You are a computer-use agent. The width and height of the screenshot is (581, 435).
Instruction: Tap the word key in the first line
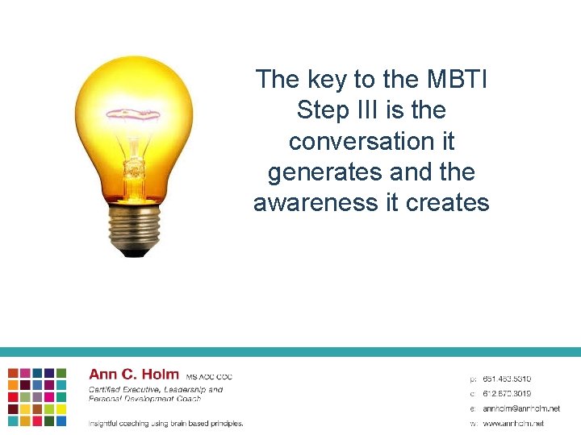click(x=328, y=79)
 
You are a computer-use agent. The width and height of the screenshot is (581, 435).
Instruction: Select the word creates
click(x=448, y=203)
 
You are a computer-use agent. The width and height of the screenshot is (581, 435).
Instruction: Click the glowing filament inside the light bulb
click(x=133, y=114)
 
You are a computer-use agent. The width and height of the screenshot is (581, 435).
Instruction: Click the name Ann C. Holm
click(x=134, y=375)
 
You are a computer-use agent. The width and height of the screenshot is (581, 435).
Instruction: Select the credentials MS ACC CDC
click(x=209, y=377)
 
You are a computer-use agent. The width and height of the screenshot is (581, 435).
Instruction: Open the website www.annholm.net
click(x=513, y=423)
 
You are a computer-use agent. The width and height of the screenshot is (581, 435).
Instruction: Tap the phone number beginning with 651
click(x=507, y=379)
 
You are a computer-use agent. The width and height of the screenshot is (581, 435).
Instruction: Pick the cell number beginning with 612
click(x=507, y=393)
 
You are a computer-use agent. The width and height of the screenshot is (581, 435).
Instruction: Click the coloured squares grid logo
click(x=37, y=396)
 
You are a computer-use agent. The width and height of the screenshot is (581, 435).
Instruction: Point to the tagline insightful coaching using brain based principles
click(x=165, y=423)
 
